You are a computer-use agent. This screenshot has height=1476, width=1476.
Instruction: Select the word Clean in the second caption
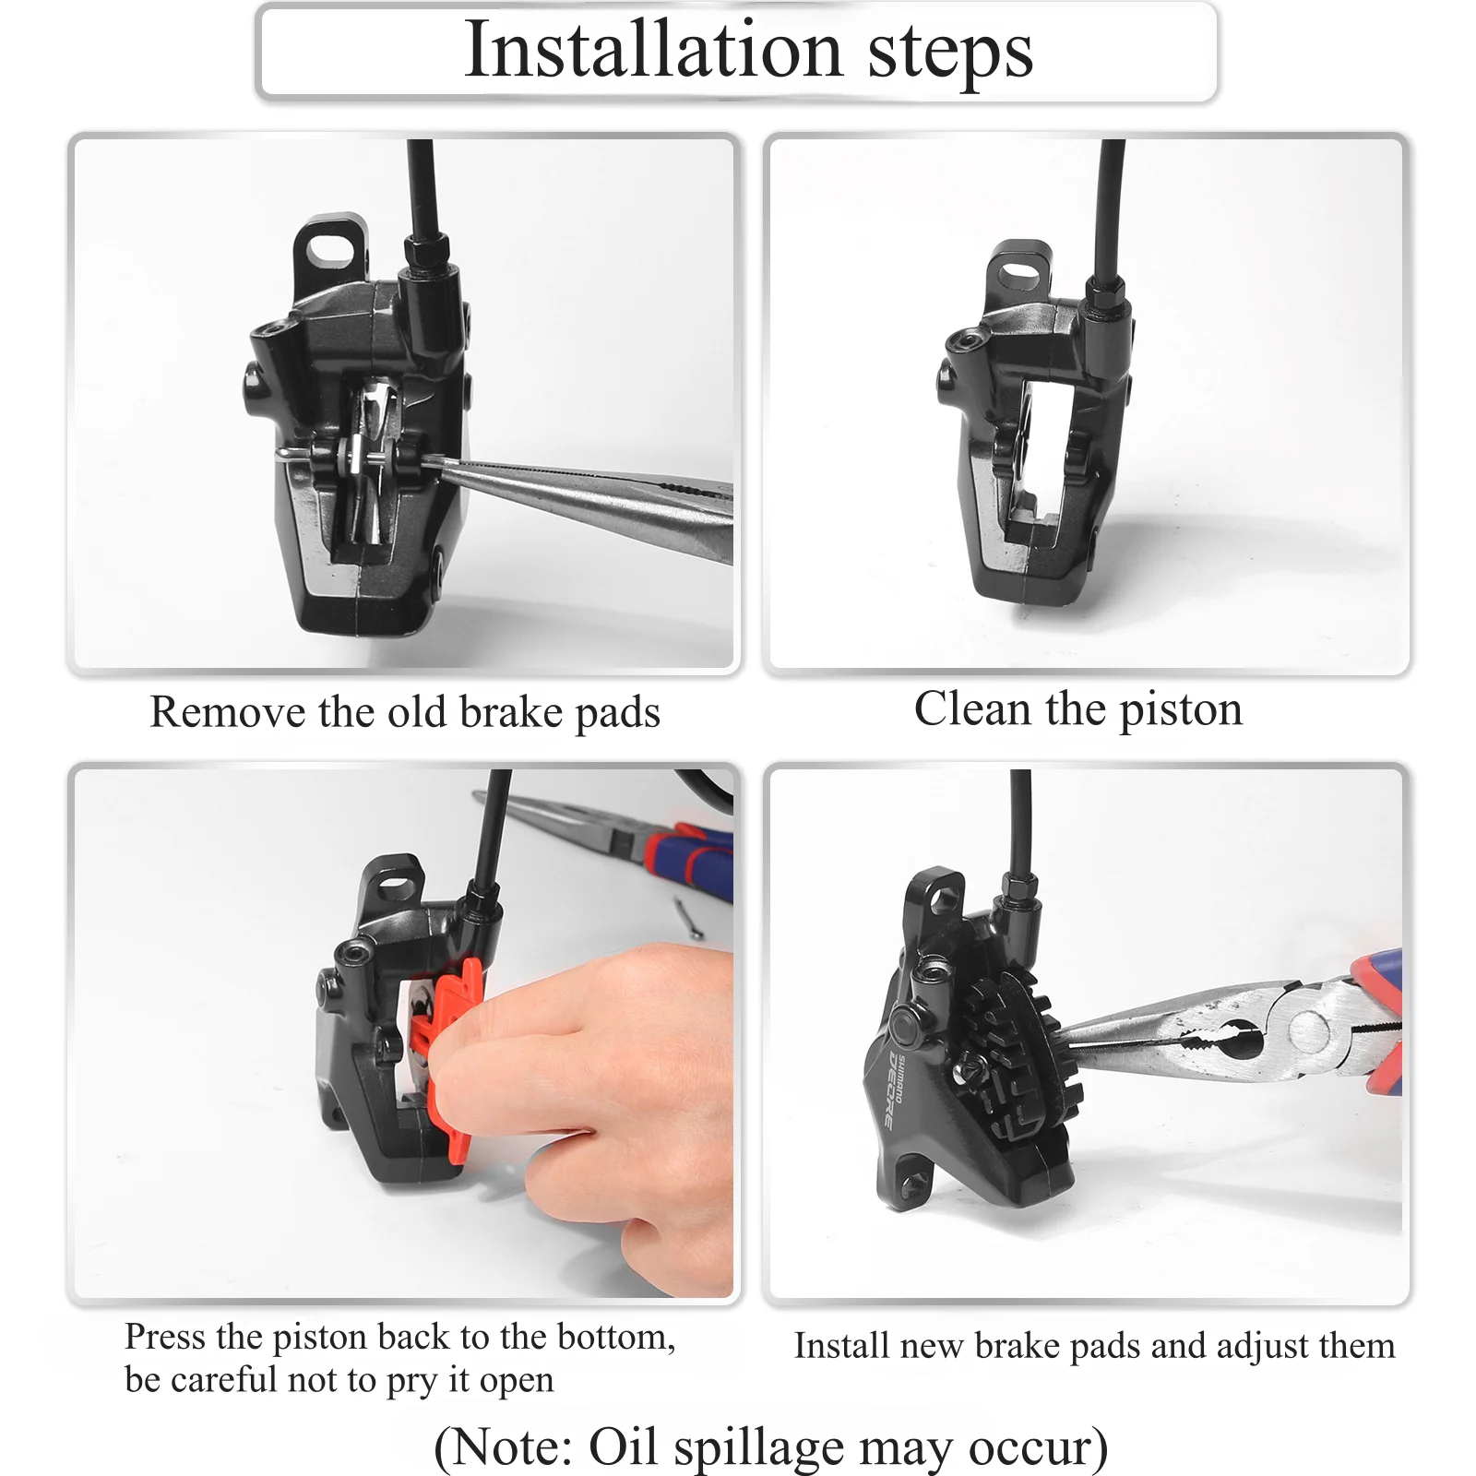[972, 709]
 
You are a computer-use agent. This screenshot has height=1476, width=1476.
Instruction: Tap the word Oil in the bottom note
[622, 1446]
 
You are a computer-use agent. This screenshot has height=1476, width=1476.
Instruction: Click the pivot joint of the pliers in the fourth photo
[1308, 1029]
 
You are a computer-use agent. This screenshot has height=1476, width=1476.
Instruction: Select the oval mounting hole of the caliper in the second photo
[1019, 271]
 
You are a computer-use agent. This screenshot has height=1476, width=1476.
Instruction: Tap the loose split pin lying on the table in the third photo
[687, 917]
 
